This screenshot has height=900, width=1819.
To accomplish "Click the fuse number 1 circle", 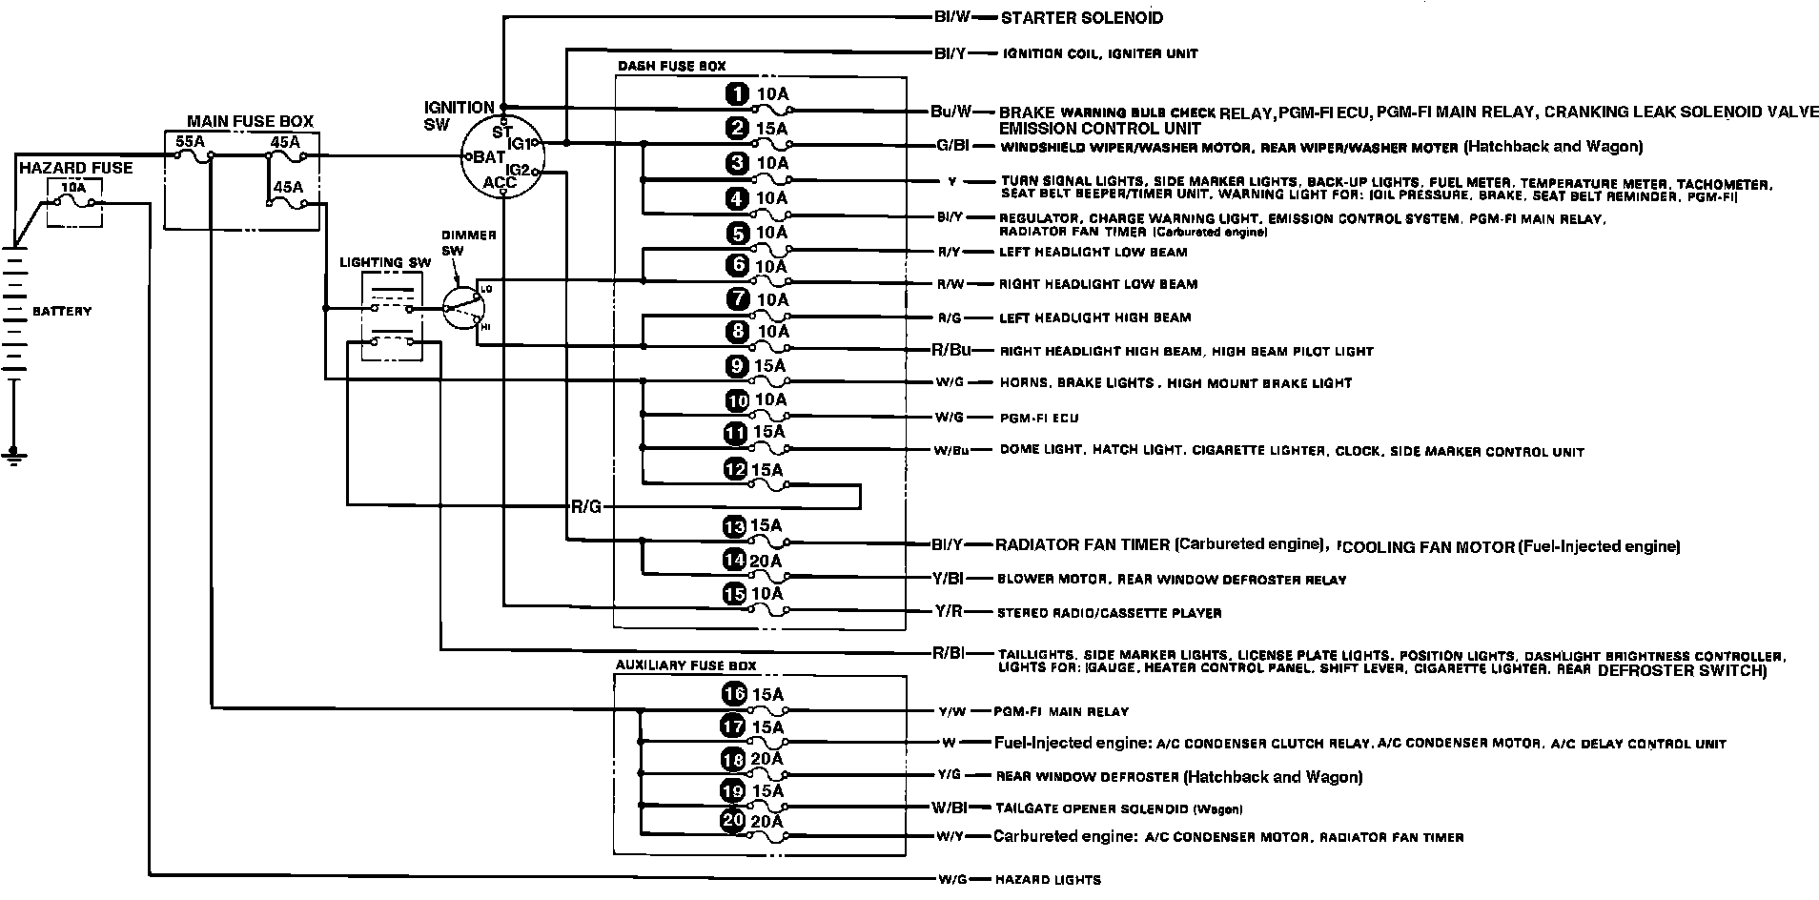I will point(736,93).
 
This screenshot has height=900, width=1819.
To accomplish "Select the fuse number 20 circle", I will point(734,822).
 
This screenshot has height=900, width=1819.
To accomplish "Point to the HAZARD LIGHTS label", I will point(1049,879).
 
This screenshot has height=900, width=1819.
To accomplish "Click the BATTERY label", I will point(62,312).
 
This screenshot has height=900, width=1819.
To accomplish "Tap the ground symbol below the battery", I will point(13,457).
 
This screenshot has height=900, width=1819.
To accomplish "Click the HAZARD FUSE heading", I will point(75,168).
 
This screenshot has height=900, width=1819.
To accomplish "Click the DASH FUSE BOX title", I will point(671,67).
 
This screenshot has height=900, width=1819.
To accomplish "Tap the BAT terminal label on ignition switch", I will point(488,156).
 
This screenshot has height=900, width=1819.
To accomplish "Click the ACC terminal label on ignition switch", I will point(501,181).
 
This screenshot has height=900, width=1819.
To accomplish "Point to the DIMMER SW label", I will point(462,242).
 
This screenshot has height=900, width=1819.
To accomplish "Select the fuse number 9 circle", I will point(736,365).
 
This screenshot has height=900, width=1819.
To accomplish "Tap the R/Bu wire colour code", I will point(951,350).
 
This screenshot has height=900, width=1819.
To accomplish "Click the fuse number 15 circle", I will point(734,594).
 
